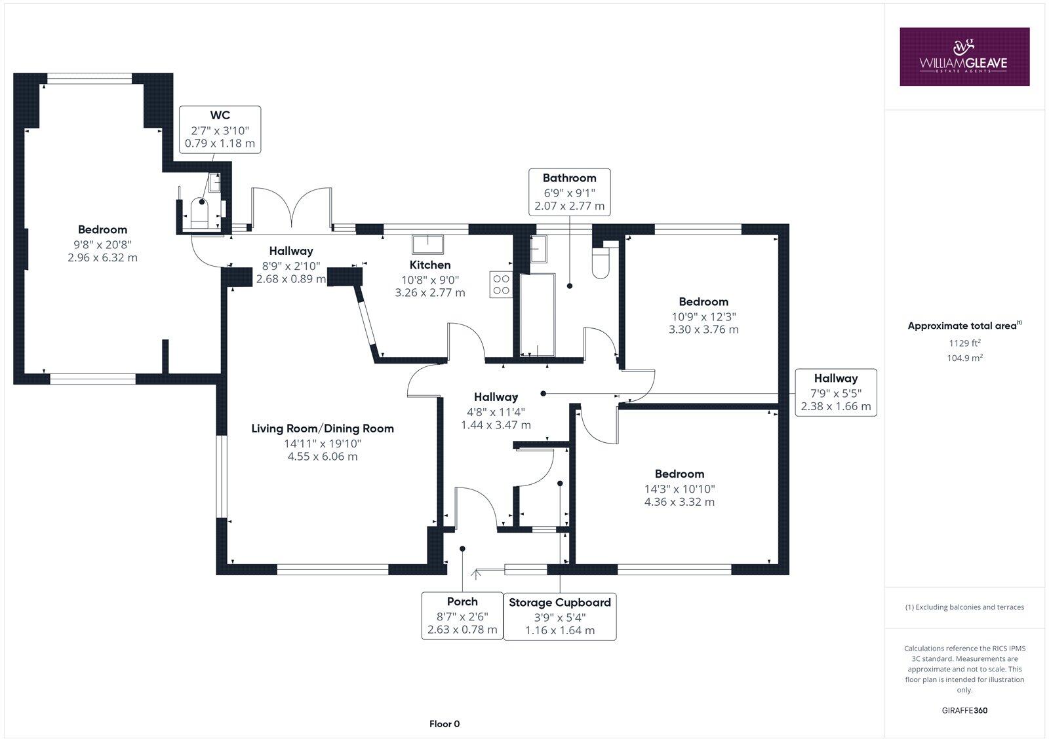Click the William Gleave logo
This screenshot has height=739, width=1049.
pyautogui.click(x=964, y=56)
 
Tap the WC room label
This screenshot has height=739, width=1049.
pyautogui.click(x=220, y=115)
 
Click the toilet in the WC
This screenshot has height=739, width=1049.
pyautogui.click(x=199, y=214)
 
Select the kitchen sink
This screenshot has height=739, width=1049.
pyautogui.click(x=427, y=244)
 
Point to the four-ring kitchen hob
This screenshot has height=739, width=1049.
pyautogui.click(x=501, y=284)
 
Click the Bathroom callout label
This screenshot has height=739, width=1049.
pyautogui.click(x=569, y=178)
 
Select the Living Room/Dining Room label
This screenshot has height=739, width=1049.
pyautogui.click(x=323, y=428)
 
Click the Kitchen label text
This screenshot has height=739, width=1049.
pyautogui.click(x=430, y=265)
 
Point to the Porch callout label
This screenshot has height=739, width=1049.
pyautogui.click(x=462, y=601)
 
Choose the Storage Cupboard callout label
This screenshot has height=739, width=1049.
pyautogui.click(x=560, y=602)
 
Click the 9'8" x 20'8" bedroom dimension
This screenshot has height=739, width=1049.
pyautogui.click(x=102, y=244)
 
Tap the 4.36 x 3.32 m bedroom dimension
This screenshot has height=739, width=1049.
pyautogui.click(x=679, y=502)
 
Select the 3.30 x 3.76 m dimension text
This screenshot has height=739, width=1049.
pyautogui.click(x=703, y=330)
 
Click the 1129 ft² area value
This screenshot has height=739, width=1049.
pyautogui.click(x=964, y=343)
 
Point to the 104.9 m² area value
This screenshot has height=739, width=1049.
pyautogui.click(x=964, y=358)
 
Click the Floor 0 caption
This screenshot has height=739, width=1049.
pyautogui.click(x=445, y=724)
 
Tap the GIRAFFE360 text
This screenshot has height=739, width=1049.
pyautogui.click(x=964, y=710)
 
